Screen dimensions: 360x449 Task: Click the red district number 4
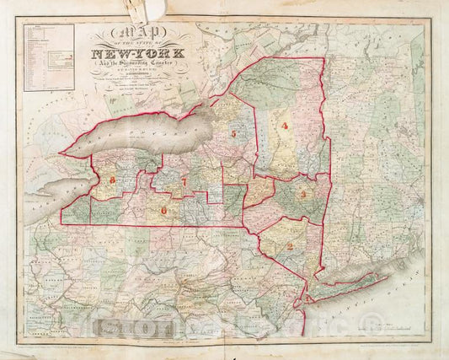[x=285, y=126]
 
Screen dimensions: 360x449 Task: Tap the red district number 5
[x=232, y=133]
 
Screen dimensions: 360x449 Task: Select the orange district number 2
[x=289, y=246]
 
